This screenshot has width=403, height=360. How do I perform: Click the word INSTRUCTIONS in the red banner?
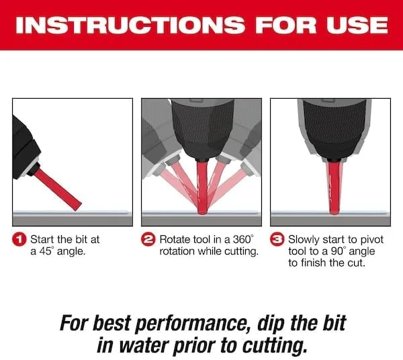tap(130, 25)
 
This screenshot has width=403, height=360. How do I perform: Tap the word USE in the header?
tap(357, 25)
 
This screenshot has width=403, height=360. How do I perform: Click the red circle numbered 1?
tap(19, 240)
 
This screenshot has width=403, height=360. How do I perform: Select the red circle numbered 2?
tap(148, 240)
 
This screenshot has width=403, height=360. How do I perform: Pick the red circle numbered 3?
tap(277, 240)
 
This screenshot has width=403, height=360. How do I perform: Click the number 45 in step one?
tap(45, 251)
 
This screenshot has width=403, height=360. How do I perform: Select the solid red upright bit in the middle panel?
tap(202, 187)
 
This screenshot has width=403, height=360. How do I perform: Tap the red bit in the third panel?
tap(334, 187)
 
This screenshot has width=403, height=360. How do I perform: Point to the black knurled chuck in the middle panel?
tap(203, 130)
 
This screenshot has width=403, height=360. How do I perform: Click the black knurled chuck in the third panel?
tap(334, 130)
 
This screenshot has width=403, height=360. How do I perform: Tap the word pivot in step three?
tap(372, 240)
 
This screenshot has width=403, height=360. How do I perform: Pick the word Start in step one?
tap(42, 240)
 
